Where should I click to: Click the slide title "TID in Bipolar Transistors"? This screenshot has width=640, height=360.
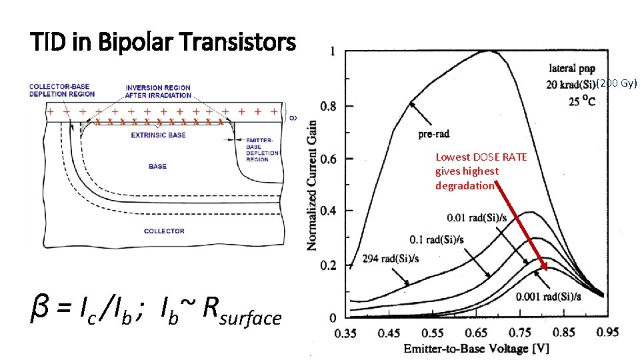click(163, 43)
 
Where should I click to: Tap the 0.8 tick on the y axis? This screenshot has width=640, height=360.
click(327, 106)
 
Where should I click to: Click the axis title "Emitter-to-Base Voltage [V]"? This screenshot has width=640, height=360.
click(475, 349)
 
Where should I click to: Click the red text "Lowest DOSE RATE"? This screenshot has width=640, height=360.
click(481, 157)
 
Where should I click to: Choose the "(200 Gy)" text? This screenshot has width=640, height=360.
click(617, 83)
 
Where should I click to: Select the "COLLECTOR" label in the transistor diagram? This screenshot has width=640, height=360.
click(164, 231)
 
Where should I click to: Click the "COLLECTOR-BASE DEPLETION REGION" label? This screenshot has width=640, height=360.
click(62, 91)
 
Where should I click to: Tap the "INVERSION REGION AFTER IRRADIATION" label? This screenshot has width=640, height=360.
click(158, 91)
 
